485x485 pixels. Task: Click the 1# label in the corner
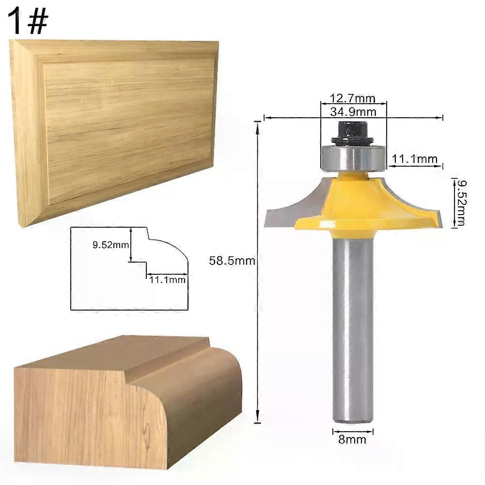click(x=28, y=22)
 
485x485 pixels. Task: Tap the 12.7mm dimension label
click(x=353, y=98)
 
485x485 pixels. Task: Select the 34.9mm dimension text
click(x=353, y=111)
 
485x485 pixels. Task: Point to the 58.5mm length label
click(x=232, y=261)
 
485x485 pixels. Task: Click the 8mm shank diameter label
click(x=352, y=439)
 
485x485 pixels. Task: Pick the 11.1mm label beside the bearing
click(x=414, y=159)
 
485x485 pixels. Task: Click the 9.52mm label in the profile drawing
click(x=111, y=245)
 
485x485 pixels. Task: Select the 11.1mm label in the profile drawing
click(x=167, y=280)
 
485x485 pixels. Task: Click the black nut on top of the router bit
click(x=352, y=133)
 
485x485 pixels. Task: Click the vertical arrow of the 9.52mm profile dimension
click(x=131, y=244)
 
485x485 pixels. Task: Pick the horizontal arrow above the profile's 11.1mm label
click(x=167, y=274)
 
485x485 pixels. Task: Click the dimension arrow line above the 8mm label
click(x=353, y=432)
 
